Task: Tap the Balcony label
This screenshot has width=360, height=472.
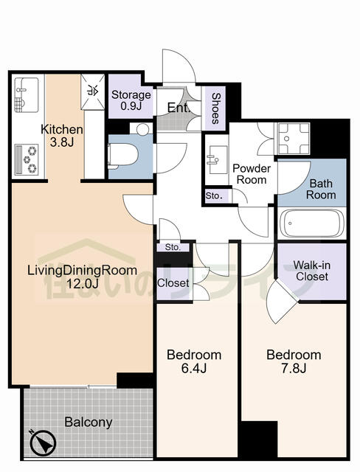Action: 88,423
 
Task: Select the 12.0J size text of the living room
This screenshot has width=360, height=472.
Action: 81,282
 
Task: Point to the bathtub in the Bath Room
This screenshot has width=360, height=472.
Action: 313,222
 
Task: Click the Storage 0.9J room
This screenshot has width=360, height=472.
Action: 131,100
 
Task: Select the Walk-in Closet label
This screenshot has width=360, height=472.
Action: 311,271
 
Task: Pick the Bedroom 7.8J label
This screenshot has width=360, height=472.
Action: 294,361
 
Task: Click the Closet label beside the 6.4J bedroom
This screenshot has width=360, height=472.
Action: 173,283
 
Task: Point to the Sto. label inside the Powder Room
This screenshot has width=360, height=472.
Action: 214,196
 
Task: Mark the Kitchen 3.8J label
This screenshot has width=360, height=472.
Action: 61,136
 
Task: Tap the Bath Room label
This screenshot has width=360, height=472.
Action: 322,190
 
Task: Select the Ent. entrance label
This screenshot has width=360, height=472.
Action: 178,108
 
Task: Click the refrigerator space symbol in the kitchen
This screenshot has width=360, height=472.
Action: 94,91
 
